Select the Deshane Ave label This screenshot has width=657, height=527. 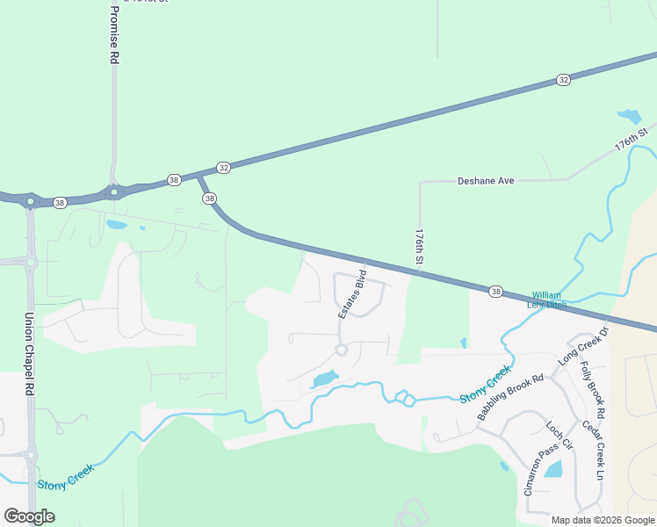coord(486,181)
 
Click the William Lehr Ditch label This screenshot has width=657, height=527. coord(546,300)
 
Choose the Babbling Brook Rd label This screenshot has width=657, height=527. coord(511,398)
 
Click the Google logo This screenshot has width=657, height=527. coord(29,516)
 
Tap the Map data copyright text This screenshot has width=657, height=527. coord(603,520)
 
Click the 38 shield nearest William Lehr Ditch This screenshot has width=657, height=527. coord(496,291)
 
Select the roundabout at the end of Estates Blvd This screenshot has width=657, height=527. coord(342,350)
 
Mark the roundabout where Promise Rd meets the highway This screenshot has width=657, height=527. coord(114,192)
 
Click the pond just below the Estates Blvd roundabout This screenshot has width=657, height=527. coord(324,379)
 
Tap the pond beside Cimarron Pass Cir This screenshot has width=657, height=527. coord(553,469)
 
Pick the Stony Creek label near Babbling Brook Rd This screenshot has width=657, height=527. coord(485,385)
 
